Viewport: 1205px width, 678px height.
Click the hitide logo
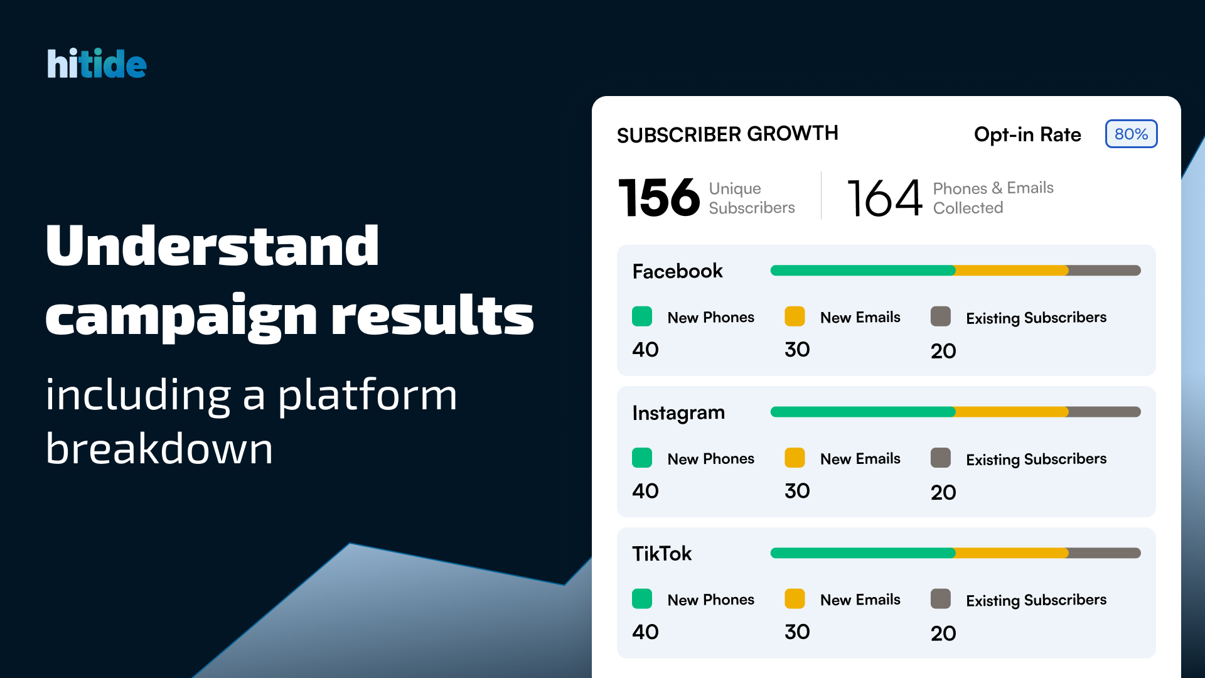pos(97,63)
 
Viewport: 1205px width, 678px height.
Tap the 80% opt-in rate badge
pos(1131,134)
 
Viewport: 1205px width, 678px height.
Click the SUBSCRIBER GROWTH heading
pos(727,134)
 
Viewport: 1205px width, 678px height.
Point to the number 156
pos(659,197)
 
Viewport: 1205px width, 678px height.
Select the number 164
pos(885,198)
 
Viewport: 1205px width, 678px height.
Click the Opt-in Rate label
pos(1027,134)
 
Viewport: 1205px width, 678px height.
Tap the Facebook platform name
pos(678,271)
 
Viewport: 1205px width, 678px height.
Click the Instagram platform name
pos(678,412)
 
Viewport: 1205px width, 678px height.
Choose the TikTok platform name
pos(662,553)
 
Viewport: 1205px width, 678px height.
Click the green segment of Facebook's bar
pos(863,271)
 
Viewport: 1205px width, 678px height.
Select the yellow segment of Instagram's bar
pos(1012,412)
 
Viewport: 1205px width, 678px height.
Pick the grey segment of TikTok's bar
pos(1105,553)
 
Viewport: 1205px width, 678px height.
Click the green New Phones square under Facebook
pos(642,316)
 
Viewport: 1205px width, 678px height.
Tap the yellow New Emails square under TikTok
pos(795,599)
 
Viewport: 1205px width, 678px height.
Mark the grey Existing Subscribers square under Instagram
pos(941,458)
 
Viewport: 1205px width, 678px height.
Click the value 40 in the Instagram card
pos(646,491)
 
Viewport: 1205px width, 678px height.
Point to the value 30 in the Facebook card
pos(798,350)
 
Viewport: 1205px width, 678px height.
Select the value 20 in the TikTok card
pos(943,633)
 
